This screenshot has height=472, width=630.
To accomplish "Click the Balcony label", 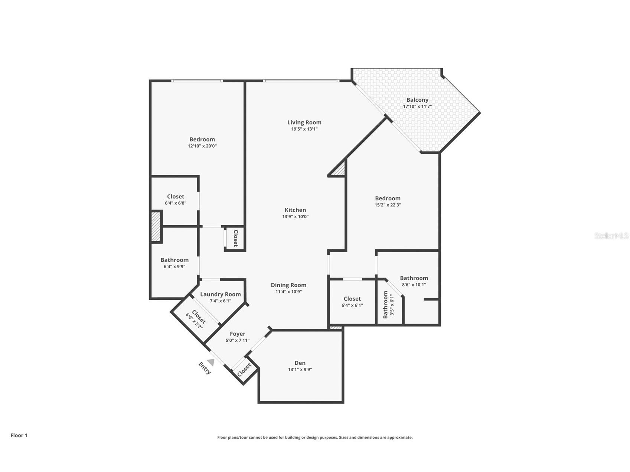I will (x=417, y=100).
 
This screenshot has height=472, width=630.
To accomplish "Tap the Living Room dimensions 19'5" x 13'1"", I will (x=304, y=129).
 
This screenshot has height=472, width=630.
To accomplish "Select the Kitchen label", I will (x=295, y=210).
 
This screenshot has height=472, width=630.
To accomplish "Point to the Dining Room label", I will (x=288, y=285).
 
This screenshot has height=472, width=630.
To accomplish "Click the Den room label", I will (x=300, y=363).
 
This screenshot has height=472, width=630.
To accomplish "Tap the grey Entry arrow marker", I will (x=211, y=362).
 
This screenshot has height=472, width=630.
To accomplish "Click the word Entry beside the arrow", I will (x=205, y=368).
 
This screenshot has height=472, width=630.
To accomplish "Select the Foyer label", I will (x=237, y=334).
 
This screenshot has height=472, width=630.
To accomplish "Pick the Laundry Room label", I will (x=220, y=294).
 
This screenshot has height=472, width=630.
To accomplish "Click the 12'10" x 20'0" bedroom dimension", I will (x=202, y=146).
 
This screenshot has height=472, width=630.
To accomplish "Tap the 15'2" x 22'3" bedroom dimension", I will (x=388, y=205).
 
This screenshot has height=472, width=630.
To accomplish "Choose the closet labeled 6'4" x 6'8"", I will (x=175, y=200).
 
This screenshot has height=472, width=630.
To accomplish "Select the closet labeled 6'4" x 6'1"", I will (x=352, y=302).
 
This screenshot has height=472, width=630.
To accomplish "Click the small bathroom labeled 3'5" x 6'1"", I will (x=388, y=305).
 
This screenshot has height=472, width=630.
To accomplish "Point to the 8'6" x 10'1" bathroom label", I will (x=414, y=281).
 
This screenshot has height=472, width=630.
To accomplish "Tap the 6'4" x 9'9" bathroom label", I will (x=174, y=263).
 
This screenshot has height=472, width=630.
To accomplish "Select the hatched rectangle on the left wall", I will (x=156, y=226).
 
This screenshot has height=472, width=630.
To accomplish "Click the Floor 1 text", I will (x=19, y=435).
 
